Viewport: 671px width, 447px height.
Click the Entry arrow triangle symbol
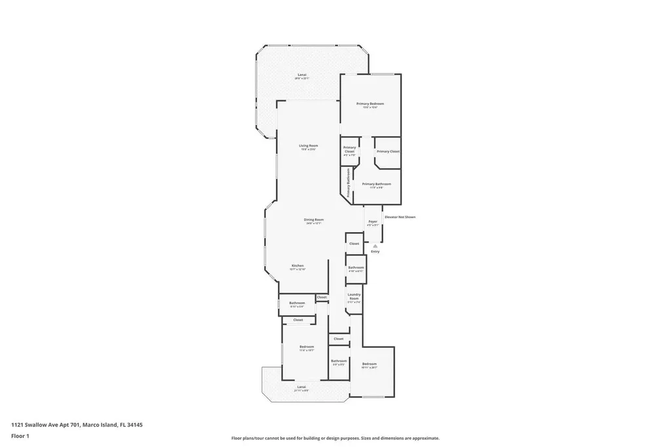click(375, 246)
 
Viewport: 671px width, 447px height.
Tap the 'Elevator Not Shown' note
click(400, 217)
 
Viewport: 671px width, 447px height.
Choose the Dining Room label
click(313, 221)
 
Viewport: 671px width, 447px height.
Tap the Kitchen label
click(297, 267)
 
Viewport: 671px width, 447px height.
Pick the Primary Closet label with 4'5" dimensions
click(349, 151)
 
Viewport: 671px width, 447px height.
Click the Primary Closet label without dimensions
click(388, 151)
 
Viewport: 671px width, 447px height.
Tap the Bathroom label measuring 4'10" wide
click(356, 269)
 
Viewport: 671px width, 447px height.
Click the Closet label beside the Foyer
click(354, 243)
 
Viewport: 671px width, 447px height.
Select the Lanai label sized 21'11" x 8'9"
click(301, 388)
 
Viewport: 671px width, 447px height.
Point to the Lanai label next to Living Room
click(302, 76)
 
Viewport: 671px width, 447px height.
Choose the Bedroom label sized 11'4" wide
click(307, 348)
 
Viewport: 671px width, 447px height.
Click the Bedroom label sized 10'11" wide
click(370, 365)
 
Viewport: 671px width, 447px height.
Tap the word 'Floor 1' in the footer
click(20, 436)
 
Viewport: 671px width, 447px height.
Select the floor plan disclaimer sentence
click(335, 438)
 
